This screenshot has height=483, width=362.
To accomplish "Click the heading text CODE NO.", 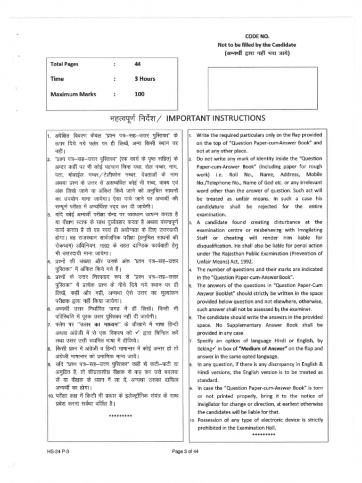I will [256, 36].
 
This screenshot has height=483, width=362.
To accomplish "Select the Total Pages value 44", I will [138, 64].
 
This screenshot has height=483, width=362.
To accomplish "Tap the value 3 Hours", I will [145, 79].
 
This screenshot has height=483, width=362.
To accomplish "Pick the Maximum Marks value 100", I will [140, 94].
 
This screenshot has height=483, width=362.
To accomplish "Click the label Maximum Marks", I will [73, 94].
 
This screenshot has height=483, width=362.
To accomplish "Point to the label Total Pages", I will [65, 64].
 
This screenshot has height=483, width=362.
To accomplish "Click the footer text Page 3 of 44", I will [186, 451].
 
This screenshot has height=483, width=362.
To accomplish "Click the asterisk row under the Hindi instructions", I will [120, 416].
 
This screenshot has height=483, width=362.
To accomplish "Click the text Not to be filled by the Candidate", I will [256, 45].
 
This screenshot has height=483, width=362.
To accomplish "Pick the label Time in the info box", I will [57, 79].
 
